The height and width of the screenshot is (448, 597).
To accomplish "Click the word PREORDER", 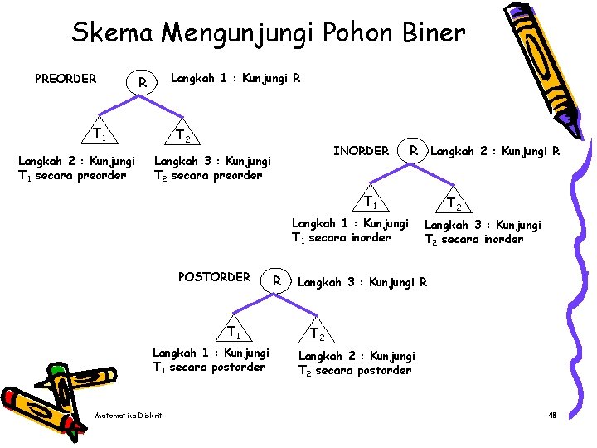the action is coord(66,80).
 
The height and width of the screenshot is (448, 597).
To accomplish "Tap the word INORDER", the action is coord(361,151).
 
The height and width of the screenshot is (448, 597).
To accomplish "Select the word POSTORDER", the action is coord(214,277).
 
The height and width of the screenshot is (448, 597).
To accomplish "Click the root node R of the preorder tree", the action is coord(143,83).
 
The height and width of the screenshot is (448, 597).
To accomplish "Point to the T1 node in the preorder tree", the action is coord(99,133).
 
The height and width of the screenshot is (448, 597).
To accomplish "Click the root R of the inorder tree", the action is coord(412,151).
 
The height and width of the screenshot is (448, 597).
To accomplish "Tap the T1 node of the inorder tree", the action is coord(372,202).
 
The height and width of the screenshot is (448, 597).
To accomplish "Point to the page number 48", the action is coord(552,415).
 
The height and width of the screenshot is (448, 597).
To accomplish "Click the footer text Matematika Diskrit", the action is coord(129,415).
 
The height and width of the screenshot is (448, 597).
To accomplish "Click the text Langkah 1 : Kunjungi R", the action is coord(235,79).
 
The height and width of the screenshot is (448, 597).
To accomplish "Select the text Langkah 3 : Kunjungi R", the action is coord(362,282).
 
